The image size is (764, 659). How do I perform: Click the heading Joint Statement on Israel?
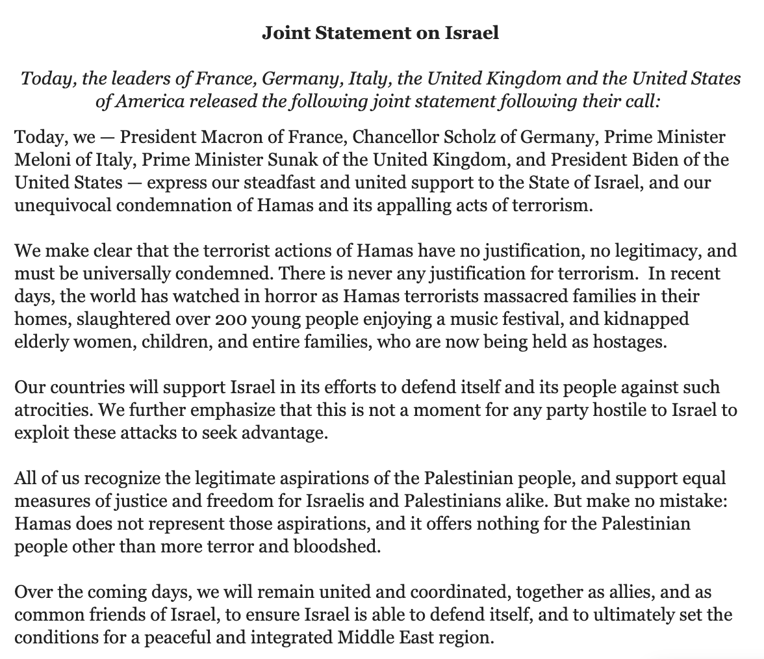coord(381,33)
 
